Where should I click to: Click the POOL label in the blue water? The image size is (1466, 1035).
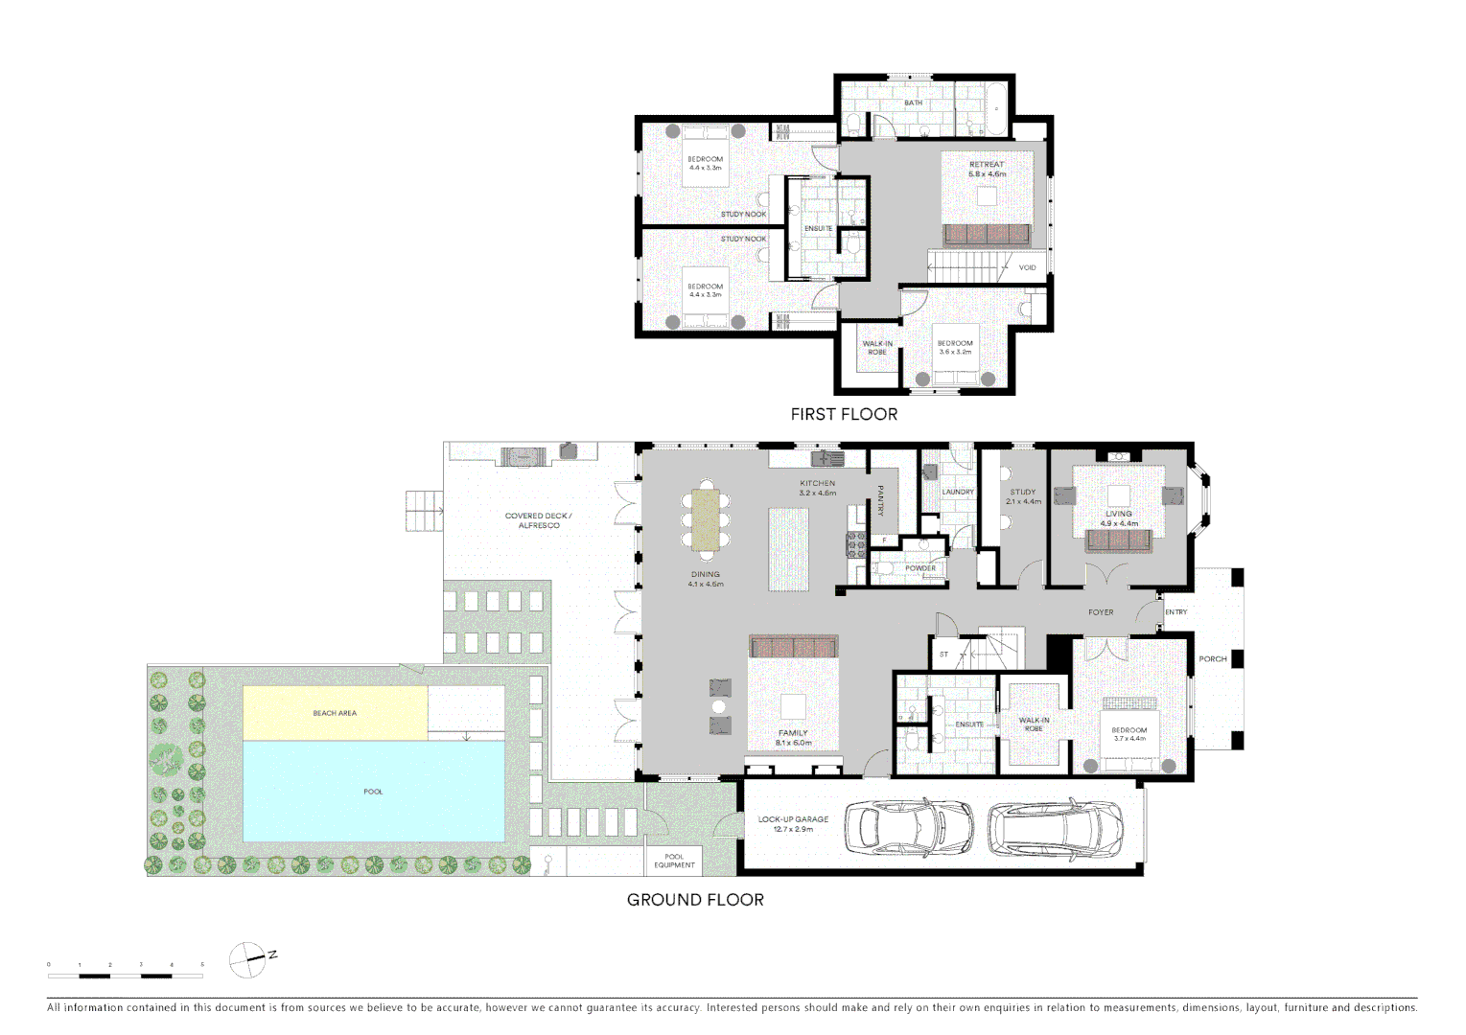click(x=373, y=792)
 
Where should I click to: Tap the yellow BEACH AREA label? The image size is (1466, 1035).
click(x=335, y=713)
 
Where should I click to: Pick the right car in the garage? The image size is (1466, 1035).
click(x=1056, y=827)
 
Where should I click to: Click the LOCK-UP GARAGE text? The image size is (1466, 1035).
click(x=793, y=819)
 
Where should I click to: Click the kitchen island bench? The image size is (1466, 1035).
click(x=788, y=549)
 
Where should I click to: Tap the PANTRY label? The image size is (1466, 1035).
click(x=880, y=500)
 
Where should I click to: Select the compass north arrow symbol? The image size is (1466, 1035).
click(x=248, y=959)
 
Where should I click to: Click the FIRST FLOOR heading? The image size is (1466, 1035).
click(x=844, y=414)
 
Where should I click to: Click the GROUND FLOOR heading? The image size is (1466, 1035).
click(x=695, y=900)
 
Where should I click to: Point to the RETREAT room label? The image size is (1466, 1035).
click(x=987, y=165)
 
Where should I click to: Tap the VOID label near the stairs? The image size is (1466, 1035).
click(x=1027, y=268)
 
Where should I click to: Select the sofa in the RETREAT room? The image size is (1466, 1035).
click(x=987, y=234)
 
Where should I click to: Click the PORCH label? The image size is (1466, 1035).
click(x=1212, y=659)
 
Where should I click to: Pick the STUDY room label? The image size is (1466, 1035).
click(x=1022, y=492)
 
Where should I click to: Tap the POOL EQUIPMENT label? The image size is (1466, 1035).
click(x=674, y=861)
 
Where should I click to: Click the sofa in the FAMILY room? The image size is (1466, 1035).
click(x=793, y=647)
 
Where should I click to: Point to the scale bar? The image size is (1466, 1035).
click(x=126, y=976)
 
